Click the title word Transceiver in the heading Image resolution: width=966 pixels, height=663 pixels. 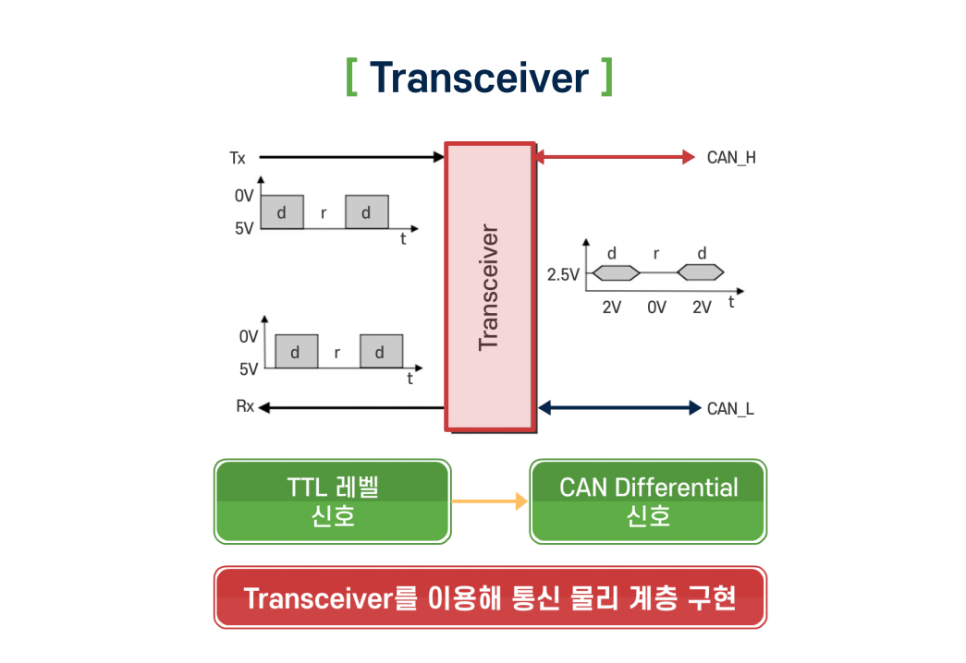point(478,78)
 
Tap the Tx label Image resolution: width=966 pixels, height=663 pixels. point(238,158)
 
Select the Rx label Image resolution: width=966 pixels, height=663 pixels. point(245,406)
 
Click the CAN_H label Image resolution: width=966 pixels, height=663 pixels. point(731,157)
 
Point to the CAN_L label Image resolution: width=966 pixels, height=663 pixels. point(730,407)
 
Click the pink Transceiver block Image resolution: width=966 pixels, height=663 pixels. point(489,286)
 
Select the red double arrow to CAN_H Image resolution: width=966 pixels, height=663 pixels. point(614,157)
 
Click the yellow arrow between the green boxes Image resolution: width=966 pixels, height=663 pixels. point(489,501)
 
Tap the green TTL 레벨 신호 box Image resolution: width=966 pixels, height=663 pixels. point(333,501)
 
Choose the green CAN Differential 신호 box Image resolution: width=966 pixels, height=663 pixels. point(648,501)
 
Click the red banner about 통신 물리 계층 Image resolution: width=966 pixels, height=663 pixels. point(490,597)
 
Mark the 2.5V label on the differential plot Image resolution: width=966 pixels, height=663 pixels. point(563,274)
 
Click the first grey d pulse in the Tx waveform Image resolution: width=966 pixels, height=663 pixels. point(281,212)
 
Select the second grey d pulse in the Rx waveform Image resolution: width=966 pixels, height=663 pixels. point(381,352)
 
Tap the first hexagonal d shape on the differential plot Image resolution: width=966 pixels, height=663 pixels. point(615,272)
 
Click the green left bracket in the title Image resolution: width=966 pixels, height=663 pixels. point(351,78)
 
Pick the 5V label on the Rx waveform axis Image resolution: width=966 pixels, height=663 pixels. point(249,368)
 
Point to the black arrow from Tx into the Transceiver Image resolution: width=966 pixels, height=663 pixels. point(351,158)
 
